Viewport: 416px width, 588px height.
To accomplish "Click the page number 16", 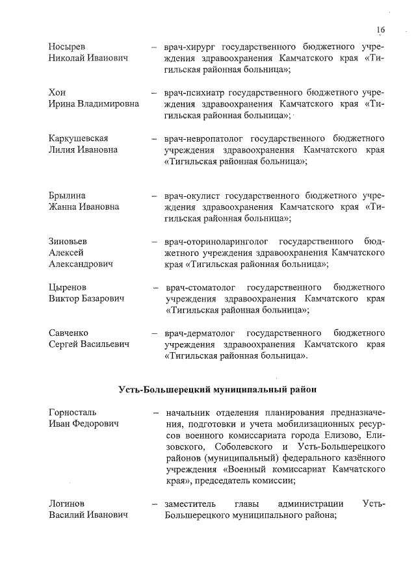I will point(380,29).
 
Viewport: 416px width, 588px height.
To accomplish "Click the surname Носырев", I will point(67,47).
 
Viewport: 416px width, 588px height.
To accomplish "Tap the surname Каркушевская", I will point(78,138).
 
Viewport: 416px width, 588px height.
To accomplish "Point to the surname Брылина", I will point(67,196).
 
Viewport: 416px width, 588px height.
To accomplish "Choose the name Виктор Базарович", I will point(86,299).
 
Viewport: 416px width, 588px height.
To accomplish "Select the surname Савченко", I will point(69,333).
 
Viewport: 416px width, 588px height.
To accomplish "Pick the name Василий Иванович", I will point(88,515).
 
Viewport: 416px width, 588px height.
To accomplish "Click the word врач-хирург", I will point(190,47).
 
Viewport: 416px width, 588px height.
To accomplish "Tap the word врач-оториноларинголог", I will point(217,241).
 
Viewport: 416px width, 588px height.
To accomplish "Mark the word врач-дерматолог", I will point(201,333).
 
